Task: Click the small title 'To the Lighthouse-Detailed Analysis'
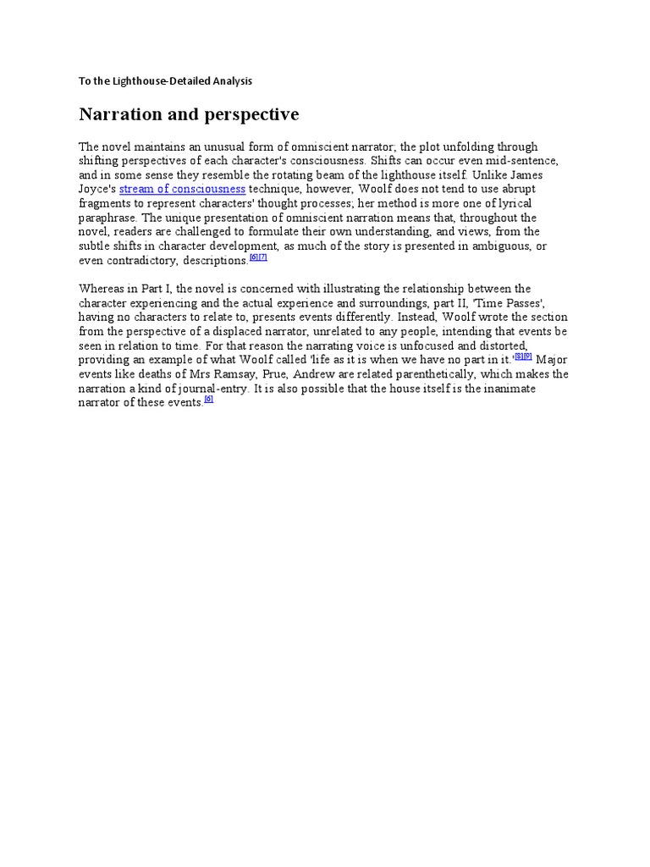pos(166,81)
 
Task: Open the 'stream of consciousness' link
pos(182,189)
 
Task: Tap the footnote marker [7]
pos(262,257)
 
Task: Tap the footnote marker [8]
pos(519,357)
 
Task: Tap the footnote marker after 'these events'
pos(209,400)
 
